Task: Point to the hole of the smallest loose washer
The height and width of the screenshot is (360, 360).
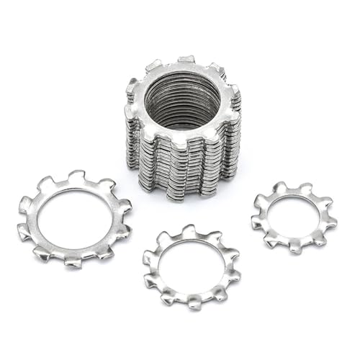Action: click(294, 214)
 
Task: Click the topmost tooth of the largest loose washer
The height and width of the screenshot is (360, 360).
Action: click(76, 176)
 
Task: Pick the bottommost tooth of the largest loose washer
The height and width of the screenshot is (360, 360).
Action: click(73, 261)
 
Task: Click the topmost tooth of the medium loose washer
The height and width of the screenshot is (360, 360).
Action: click(189, 230)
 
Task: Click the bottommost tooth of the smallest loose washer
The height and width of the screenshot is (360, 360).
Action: click(295, 247)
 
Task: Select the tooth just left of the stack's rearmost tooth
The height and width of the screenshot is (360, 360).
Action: click(155, 66)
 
